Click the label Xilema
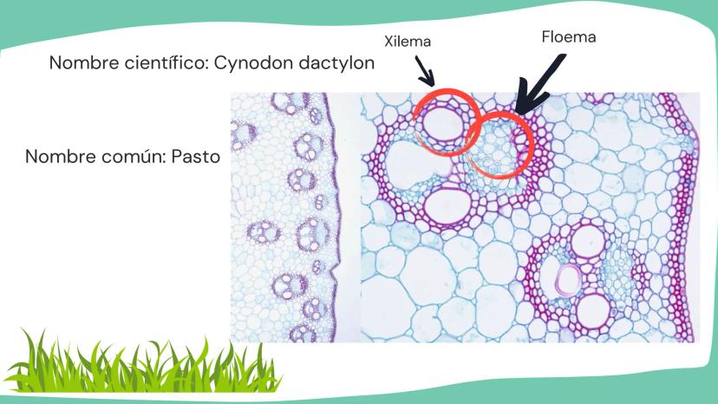[x=408, y=41]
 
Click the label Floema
[x=569, y=37]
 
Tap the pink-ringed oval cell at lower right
[x=570, y=279]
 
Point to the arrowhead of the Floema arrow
[x=519, y=107]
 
